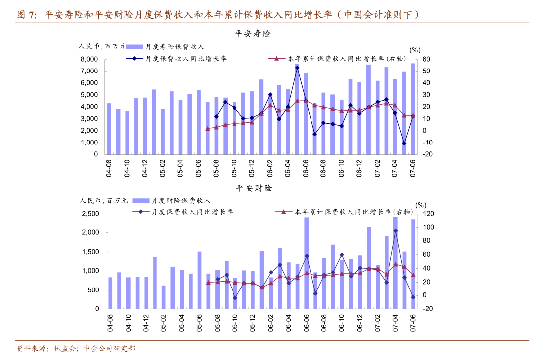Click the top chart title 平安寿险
tap(253, 34)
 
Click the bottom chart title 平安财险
tap(254, 188)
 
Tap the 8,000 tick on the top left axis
tap(89, 59)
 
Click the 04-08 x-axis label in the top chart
tap(109, 168)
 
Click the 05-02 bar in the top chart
tap(163, 132)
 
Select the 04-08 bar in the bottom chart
tap(110, 293)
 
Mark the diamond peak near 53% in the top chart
tap(297, 68)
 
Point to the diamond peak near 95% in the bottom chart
tap(395, 230)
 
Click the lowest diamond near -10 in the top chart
tap(404, 144)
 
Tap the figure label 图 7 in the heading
tap(27, 15)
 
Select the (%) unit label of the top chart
tap(415, 50)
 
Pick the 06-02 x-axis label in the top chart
tap(270, 168)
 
